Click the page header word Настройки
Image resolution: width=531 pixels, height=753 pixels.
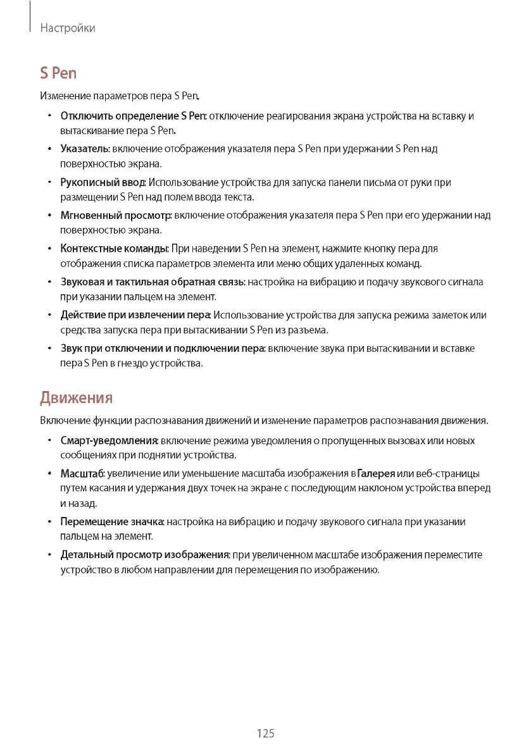pos(67,28)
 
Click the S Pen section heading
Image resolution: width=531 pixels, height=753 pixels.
pos(58,73)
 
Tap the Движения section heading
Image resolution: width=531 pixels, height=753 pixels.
pos(76,398)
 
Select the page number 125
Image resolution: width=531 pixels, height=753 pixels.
pos(266,733)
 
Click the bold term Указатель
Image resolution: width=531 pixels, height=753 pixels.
pos(85,149)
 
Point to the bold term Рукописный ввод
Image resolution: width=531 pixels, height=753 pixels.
pos(103,183)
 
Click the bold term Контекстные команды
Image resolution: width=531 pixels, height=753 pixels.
pos(114,249)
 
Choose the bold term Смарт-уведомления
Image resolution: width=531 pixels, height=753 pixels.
pos(109,440)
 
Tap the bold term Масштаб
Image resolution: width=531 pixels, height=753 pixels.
pos(82,474)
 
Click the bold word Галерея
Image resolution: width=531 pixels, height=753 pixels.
pos(376,474)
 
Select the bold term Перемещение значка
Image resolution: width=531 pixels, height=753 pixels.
pos(112,522)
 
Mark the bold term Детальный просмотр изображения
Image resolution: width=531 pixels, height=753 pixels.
pos(144,555)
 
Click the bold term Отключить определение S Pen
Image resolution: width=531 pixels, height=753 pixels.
pos(133,116)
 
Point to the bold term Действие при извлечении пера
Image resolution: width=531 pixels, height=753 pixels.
pos(135,315)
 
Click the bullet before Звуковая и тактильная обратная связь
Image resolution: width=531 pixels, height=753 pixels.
pos(49,282)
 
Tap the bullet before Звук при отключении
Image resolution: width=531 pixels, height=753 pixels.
pos(49,349)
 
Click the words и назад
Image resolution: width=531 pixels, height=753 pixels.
pos(78,504)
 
